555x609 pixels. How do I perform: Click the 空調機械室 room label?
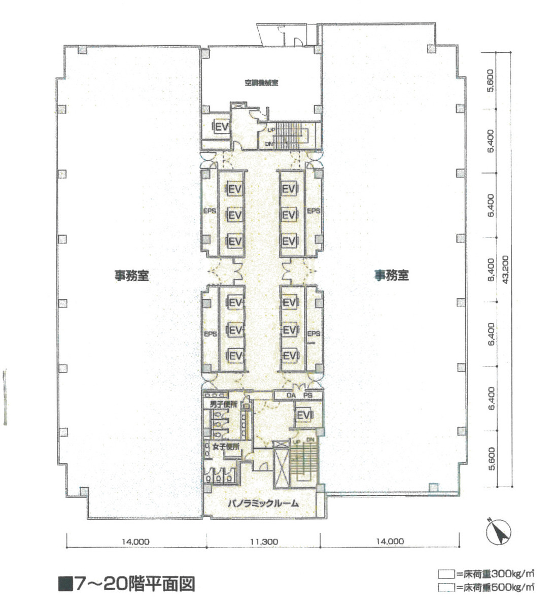pos(261,83)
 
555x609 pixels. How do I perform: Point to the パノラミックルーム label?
pos(263,504)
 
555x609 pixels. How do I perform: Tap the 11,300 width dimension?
pos(264,542)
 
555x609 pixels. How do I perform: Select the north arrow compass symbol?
pos(498,532)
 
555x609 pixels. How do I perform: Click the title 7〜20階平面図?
pos(127,584)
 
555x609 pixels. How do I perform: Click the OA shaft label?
pos(291,395)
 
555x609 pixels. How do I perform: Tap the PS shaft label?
pos(307,395)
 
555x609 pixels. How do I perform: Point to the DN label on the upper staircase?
pos(269,144)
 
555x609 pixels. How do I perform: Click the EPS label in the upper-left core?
pos(210,211)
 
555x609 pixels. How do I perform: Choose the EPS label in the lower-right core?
pos(314,333)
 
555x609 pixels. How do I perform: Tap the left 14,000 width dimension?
pos(135,542)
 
